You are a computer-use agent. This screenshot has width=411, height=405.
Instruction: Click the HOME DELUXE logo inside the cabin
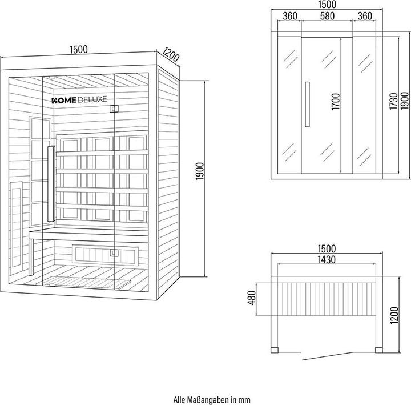[79, 99]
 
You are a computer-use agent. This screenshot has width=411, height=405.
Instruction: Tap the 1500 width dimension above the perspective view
[79, 49]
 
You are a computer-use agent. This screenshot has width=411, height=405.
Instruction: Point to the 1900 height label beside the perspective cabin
[200, 171]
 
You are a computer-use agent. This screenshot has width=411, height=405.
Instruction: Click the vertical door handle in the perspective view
[51, 184]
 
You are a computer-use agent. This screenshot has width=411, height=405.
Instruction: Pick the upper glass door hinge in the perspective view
[114, 109]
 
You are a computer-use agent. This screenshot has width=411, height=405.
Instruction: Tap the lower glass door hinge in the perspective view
[114, 253]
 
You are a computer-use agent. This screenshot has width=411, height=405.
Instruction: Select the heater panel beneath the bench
[105, 254]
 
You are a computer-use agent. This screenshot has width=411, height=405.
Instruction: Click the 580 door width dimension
[327, 16]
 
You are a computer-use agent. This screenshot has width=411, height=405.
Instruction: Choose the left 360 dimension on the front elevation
[290, 16]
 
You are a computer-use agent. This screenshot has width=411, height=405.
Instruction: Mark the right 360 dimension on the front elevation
[365, 16]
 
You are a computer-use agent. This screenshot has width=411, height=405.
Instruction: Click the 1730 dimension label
[394, 101]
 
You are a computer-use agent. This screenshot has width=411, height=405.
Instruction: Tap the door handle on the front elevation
[307, 104]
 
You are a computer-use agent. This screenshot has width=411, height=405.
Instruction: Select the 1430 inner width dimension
[327, 259]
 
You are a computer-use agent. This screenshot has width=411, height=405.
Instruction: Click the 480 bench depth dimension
[252, 298]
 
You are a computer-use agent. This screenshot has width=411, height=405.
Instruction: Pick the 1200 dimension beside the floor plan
[394, 315]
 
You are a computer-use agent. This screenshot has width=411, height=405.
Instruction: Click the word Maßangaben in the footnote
[209, 400]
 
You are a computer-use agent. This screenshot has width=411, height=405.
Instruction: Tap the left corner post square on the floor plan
[274, 350]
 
